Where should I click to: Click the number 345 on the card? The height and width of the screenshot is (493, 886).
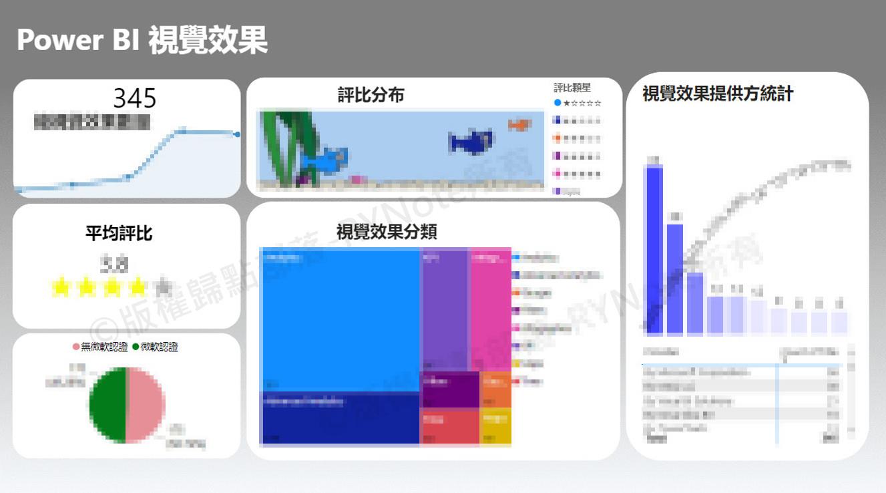coord(134,98)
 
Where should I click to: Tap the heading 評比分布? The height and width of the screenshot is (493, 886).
coord(371,96)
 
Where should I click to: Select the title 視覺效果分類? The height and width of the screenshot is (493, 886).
coord(387,232)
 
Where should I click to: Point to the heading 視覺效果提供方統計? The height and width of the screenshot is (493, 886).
coord(718,94)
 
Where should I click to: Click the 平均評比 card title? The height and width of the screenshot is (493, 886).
coord(119,233)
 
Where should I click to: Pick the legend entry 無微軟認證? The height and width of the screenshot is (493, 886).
coord(99,347)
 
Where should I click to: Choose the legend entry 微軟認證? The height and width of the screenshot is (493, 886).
coord(159,347)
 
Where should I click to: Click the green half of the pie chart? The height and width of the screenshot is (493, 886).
coord(107,405)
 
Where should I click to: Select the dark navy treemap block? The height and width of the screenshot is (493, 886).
coord(339,418)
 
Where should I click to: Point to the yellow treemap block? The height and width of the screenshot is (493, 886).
coord(496,426)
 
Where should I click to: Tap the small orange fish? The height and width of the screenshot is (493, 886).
coord(518,124)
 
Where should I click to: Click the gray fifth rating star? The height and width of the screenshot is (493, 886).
coord(162,288)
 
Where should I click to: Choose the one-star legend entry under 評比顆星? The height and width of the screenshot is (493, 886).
coord(578,103)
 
